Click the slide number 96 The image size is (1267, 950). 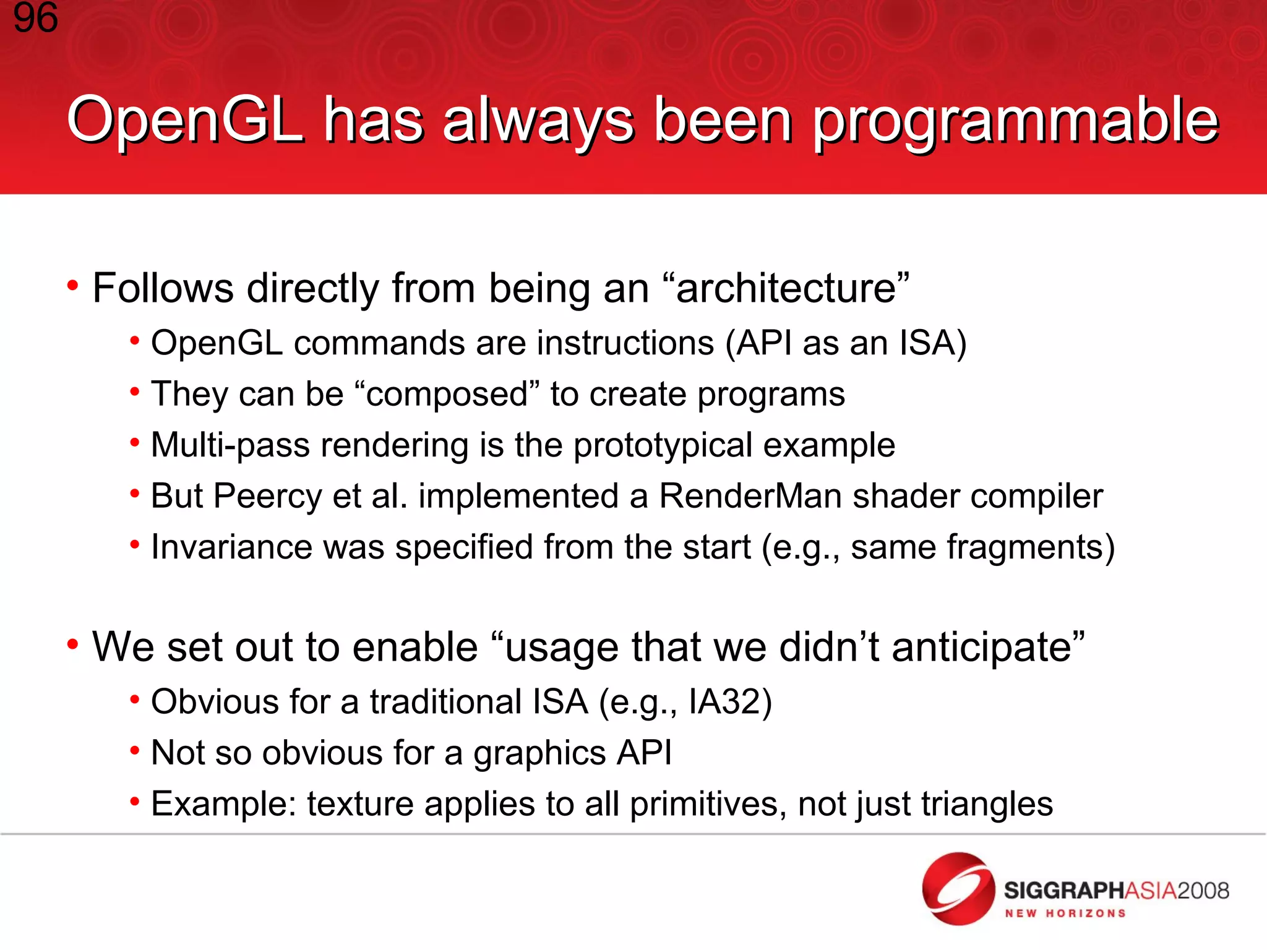tap(35, 19)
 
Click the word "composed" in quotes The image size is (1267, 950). tap(447, 395)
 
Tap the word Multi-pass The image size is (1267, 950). tap(230, 445)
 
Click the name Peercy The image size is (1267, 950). tap(267, 497)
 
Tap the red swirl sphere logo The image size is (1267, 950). tap(958, 889)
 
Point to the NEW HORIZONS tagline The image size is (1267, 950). tap(1065, 914)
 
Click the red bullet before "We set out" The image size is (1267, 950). tap(73, 645)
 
